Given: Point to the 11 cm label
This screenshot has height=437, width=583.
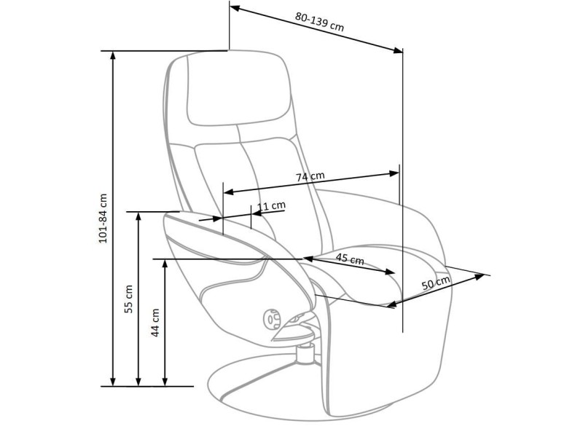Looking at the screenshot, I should [x=271, y=206].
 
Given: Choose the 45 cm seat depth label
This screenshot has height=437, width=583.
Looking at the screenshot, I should [x=350, y=259].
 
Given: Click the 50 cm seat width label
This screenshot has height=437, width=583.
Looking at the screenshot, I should [x=436, y=282].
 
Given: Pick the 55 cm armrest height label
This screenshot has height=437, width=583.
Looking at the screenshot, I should [x=128, y=299].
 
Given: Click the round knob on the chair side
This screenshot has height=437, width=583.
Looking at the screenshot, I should [x=272, y=318].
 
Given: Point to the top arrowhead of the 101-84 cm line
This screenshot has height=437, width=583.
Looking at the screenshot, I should [x=113, y=55].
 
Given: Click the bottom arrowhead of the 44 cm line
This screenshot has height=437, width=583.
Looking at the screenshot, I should [x=166, y=382].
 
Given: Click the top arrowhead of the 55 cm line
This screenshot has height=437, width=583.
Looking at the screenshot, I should [x=138, y=216].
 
